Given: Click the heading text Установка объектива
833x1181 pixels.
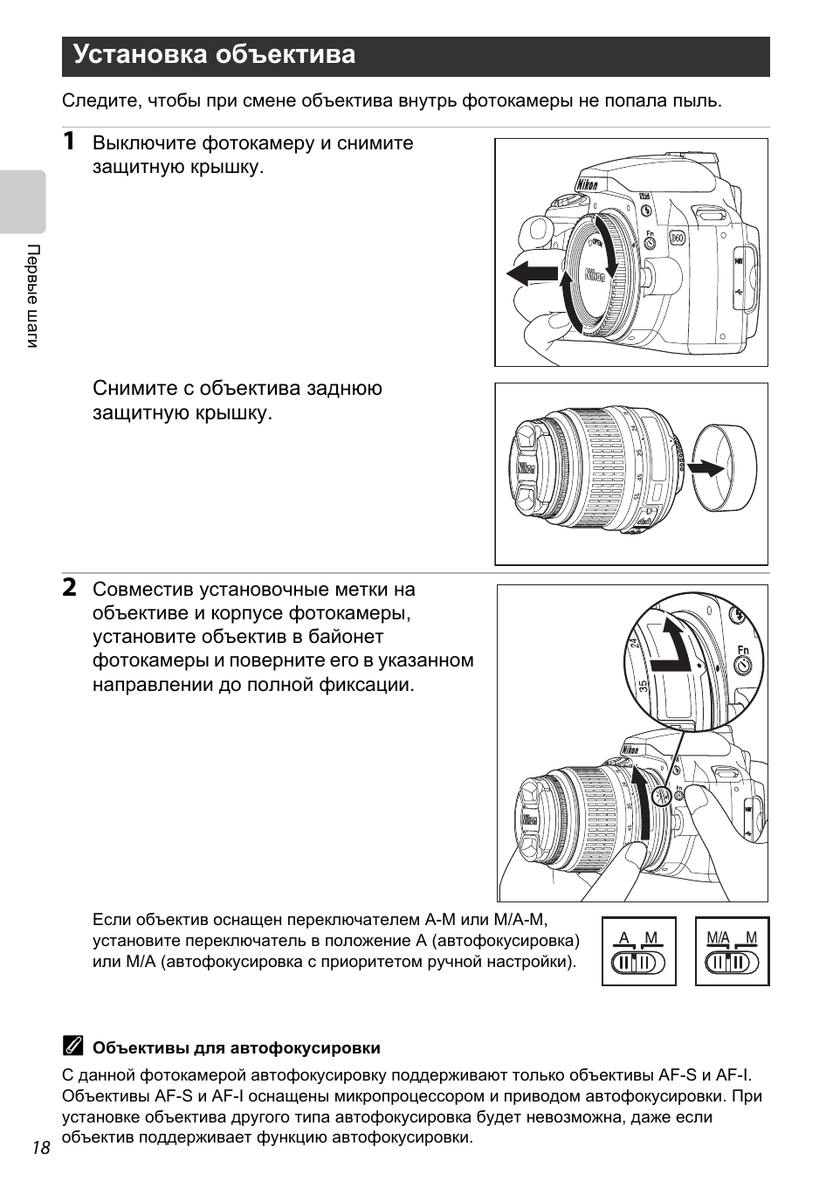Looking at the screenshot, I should point(214,55).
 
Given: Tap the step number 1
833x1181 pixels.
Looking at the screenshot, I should point(69,142).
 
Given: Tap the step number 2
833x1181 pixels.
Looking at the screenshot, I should point(69,587).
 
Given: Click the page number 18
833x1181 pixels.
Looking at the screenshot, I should point(41,1148).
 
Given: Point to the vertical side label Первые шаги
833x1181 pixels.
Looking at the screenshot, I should point(32,296).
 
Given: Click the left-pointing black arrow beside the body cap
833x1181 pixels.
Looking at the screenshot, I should point(532,273).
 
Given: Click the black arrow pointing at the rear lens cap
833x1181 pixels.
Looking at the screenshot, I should point(706,468).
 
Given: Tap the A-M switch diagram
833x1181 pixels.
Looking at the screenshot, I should point(638,952).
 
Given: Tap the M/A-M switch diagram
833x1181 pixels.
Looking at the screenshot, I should point(732,952).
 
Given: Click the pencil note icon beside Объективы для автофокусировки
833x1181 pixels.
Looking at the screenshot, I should point(72,1046).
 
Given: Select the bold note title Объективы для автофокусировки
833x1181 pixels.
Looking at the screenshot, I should point(237,1047).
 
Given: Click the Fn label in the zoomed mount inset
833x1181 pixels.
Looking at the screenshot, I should point(743,650).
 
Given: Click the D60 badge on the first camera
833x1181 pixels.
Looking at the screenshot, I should point(677,238).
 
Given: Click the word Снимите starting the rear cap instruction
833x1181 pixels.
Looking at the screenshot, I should point(131,389).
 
